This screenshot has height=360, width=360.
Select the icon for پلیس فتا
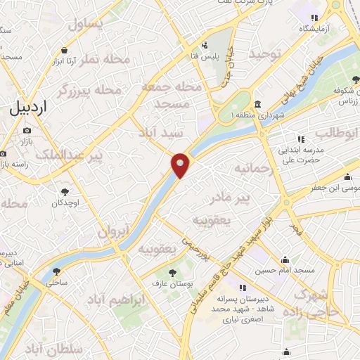coord(204,45)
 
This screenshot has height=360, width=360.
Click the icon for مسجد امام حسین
coord(284,259)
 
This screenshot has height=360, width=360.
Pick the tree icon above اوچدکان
coord(65,191)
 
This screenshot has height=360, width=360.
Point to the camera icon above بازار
coord(27,130)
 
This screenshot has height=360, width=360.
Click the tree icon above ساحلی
coord(56,271)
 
